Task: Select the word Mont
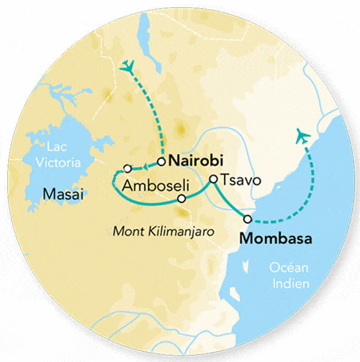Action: tap(129, 232)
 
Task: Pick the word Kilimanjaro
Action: tap(175, 232)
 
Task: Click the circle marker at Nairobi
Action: tap(162, 160)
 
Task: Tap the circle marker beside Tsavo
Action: tap(213, 179)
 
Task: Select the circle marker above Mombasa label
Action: tap(248, 219)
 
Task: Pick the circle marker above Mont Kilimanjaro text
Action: tap(181, 198)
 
